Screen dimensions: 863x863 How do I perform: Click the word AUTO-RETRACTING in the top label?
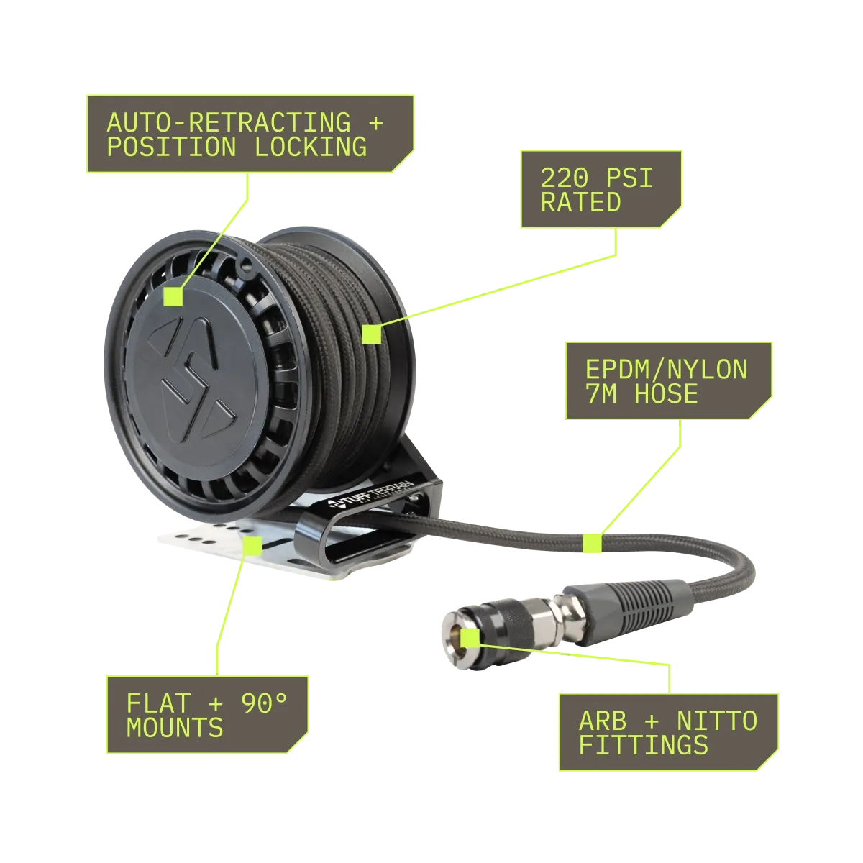click(x=229, y=123)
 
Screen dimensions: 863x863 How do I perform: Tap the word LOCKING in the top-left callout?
click(x=311, y=147)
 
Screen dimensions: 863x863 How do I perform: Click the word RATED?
click(x=581, y=202)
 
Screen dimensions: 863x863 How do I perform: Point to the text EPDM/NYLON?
click(x=667, y=370)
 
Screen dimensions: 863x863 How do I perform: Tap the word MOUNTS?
click(x=175, y=727)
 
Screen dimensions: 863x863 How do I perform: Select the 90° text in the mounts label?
click(x=265, y=703)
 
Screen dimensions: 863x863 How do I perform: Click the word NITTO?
click(x=716, y=721)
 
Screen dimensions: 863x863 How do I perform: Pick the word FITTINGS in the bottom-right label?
click(x=644, y=745)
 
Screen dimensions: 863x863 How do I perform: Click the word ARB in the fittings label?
click(x=603, y=721)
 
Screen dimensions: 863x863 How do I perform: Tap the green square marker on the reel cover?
click(x=173, y=296)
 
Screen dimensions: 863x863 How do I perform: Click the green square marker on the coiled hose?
click(x=371, y=334)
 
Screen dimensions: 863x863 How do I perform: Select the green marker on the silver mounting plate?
click(x=252, y=545)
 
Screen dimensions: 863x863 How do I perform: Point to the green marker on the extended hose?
click(x=592, y=543)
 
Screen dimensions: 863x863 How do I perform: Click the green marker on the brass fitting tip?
click(x=470, y=637)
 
